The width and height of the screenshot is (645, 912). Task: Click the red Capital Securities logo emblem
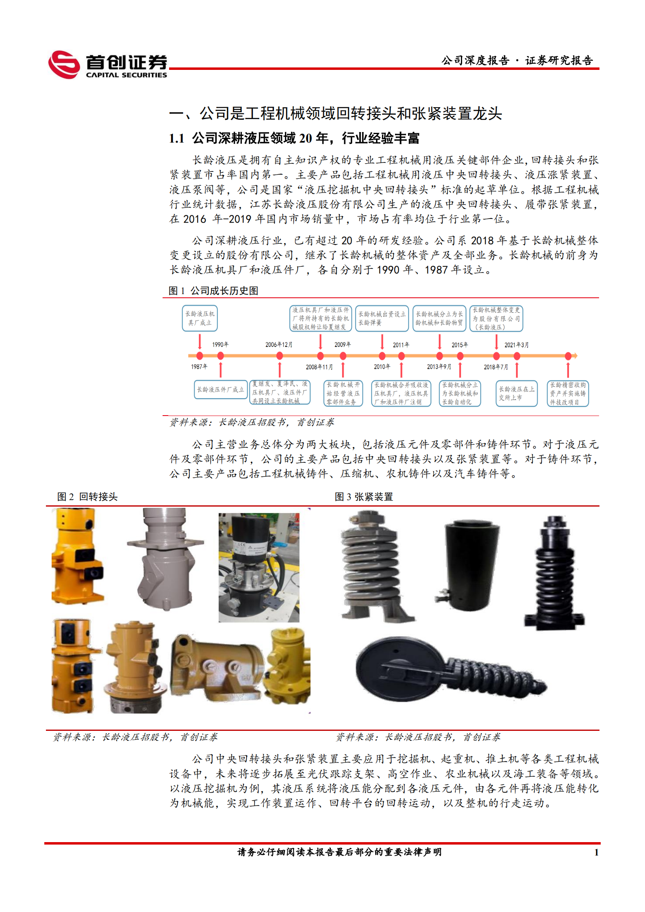[x=64, y=65]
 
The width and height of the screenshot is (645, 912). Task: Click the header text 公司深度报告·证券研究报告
[x=517, y=61]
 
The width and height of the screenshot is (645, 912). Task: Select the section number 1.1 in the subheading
[x=177, y=139]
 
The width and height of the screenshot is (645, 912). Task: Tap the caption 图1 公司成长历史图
[x=213, y=291]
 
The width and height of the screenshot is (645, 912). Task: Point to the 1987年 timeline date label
[x=199, y=367]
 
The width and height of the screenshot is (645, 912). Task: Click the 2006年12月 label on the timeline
[x=279, y=345]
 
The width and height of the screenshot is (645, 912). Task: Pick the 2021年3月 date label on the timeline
[x=517, y=345]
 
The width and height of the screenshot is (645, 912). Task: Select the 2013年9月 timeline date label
[x=439, y=367]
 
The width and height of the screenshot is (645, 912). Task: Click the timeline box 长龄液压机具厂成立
[x=200, y=318]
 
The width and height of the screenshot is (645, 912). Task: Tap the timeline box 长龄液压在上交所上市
[x=517, y=393]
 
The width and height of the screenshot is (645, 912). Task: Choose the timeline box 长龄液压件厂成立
[x=220, y=390]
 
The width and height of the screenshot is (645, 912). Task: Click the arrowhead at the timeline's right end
[x=575, y=356]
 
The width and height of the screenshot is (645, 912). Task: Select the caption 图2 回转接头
[x=87, y=497]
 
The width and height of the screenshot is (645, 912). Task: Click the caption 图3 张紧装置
[x=364, y=497]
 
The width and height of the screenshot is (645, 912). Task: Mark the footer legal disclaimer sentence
[x=339, y=852]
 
